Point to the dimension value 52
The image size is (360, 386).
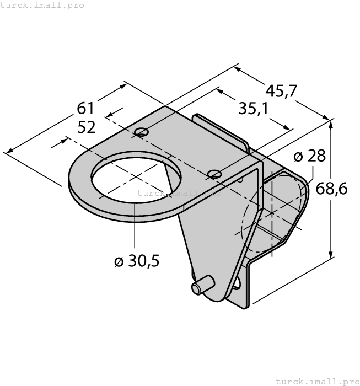[x=87, y=127]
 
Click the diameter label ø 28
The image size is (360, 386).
[x=309, y=156]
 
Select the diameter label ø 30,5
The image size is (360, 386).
[x=137, y=261]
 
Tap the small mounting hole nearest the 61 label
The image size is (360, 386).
[x=142, y=131]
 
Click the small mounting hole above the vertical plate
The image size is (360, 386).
[x=215, y=175]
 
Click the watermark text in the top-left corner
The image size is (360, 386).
[x=42, y=5]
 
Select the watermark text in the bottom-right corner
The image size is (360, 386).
[x=316, y=381]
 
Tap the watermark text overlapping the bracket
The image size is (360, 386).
[x=179, y=193]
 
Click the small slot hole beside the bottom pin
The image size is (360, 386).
[x=237, y=284]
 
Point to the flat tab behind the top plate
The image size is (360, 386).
[x=221, y=130]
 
